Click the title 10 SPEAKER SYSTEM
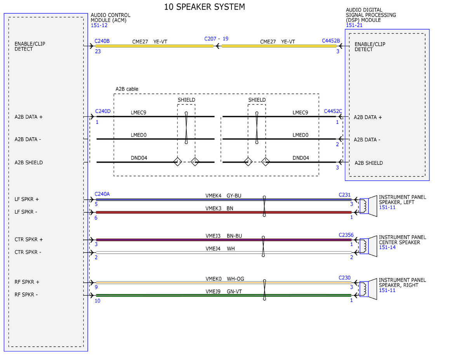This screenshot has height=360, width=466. (204, 7)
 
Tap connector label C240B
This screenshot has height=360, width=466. (102, 41)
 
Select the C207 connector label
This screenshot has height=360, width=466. (210, 39)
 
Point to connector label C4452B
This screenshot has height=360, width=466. (331, 41)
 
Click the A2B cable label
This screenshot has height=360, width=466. (127, 89)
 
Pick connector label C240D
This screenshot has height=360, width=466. (103, 111)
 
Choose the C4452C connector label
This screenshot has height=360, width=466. (333, 111)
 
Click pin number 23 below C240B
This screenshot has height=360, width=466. (98, 52)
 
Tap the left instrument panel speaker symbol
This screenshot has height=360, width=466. (368, 206)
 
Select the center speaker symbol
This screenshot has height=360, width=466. (368, 246)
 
